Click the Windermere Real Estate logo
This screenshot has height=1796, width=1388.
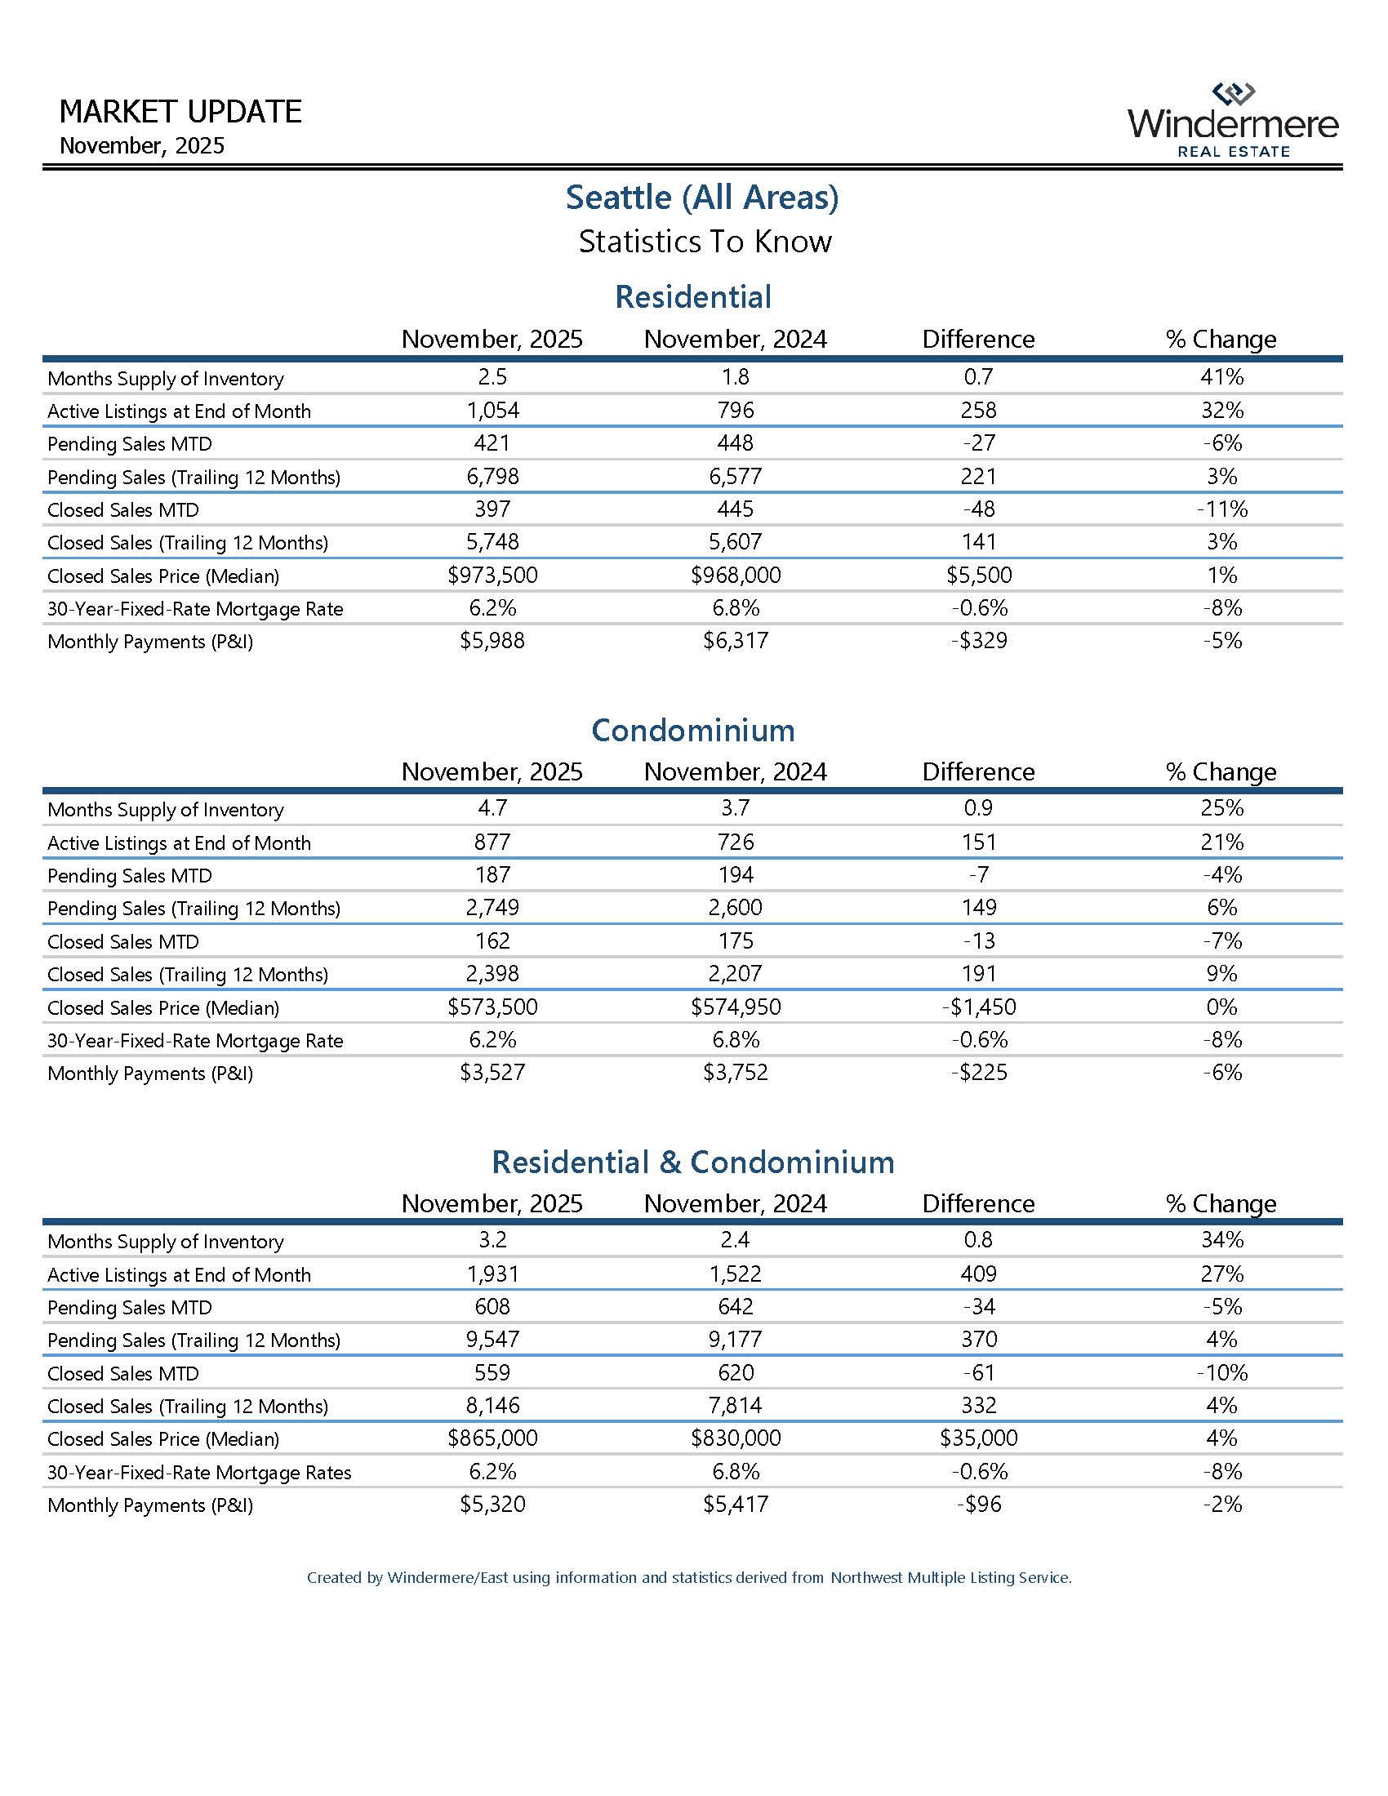point(1233,121)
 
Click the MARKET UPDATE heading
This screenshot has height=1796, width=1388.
point(180,112)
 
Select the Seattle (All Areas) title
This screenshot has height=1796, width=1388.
point(701,198)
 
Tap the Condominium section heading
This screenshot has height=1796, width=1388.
point(692,731)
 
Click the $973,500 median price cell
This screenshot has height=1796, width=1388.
point(492,575)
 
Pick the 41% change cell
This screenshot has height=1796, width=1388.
point(1221,376)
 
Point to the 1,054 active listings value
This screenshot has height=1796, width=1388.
point(492,410)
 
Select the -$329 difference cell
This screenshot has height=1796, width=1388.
point(977,641)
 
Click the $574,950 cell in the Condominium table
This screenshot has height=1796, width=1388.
point(735,1007)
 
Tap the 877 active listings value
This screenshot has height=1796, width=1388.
point(492,842)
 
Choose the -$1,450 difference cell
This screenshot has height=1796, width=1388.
point(977,1007)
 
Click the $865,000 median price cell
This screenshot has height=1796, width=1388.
point(492,1438)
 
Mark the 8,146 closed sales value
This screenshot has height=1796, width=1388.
point(492,1406)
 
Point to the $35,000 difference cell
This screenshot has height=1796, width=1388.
point(977,1438)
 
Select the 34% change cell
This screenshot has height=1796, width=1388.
point(1221,1240)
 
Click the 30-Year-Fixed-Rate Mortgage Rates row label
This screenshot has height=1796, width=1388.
point(198,1473)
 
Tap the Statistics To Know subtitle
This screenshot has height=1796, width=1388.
point(705,242)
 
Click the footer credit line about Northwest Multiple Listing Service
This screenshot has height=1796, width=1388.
point(689,1578)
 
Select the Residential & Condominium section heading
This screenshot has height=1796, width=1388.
point(692,1162)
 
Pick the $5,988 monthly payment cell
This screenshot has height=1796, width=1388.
point(492,641)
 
